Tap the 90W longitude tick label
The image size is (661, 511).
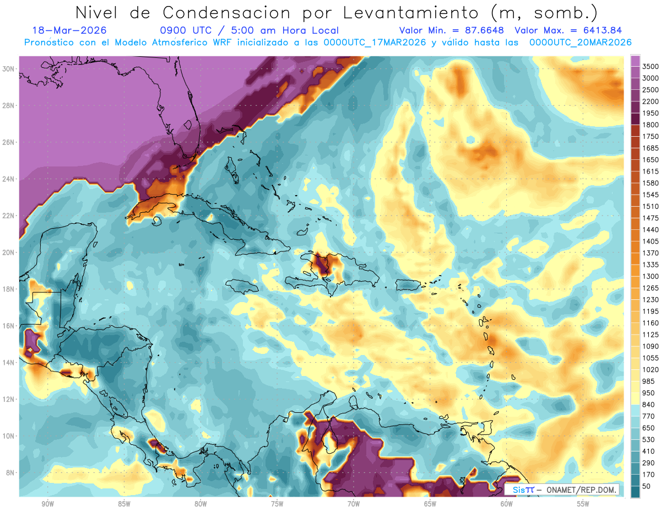point(47,504)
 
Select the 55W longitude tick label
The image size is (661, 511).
point(583,504)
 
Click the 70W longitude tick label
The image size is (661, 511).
point(353,504)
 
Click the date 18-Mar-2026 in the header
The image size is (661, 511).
point(69,31)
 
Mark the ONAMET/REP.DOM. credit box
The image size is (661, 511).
point(561,490)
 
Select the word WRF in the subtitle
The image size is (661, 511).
point(224,42)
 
